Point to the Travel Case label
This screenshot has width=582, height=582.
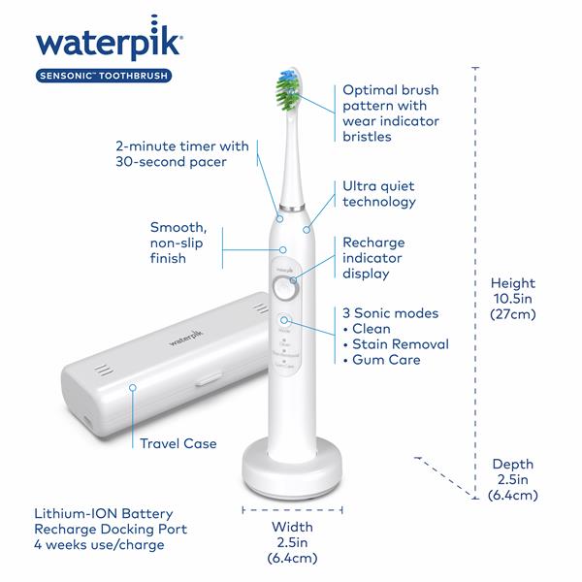coord(178,443)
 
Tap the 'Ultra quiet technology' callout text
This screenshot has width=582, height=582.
coord(378,194)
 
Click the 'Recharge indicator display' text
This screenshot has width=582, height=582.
coord(373,258)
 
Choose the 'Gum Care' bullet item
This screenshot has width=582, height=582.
coord(384,361)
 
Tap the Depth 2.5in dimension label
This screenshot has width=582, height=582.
coord(512,479)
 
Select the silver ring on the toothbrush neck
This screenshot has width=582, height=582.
coord(290,207)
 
